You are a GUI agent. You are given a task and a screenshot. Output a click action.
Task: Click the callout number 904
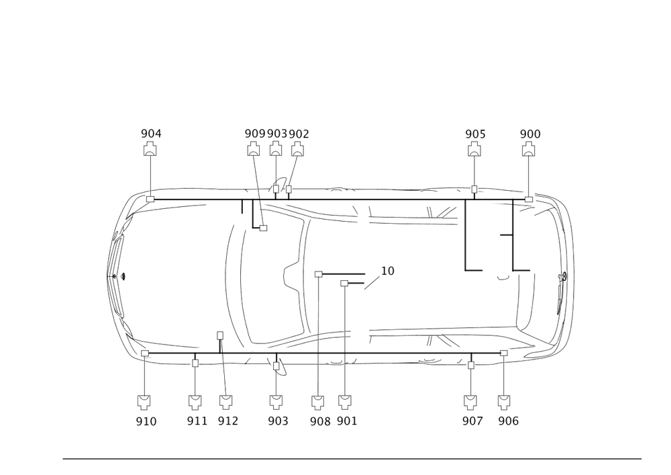[151, 134]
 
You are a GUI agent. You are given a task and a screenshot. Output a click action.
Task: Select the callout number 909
[254, 134]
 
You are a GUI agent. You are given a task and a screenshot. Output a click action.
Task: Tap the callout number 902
[299, 134]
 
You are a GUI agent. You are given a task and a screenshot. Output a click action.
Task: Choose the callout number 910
[146, 421]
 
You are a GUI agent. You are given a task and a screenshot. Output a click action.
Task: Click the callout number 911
[197, 421]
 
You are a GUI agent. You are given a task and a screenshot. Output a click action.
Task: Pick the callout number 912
[228, 421]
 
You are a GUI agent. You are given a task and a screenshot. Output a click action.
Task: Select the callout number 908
[320, 421]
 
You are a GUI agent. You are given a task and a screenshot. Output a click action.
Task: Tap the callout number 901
[346, 421]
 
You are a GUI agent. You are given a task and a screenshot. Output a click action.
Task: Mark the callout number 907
[472, 421]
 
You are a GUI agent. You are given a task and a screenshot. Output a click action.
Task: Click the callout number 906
[508, 421]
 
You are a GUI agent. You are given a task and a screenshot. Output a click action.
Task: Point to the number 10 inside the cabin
[388, 271]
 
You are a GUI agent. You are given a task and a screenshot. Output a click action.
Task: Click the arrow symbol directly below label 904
[151, 149]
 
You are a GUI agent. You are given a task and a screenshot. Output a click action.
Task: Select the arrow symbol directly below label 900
[530, 149]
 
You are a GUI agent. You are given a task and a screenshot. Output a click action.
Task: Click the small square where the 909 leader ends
[264, 229]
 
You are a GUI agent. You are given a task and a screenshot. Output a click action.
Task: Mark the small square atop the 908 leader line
[319, 273]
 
